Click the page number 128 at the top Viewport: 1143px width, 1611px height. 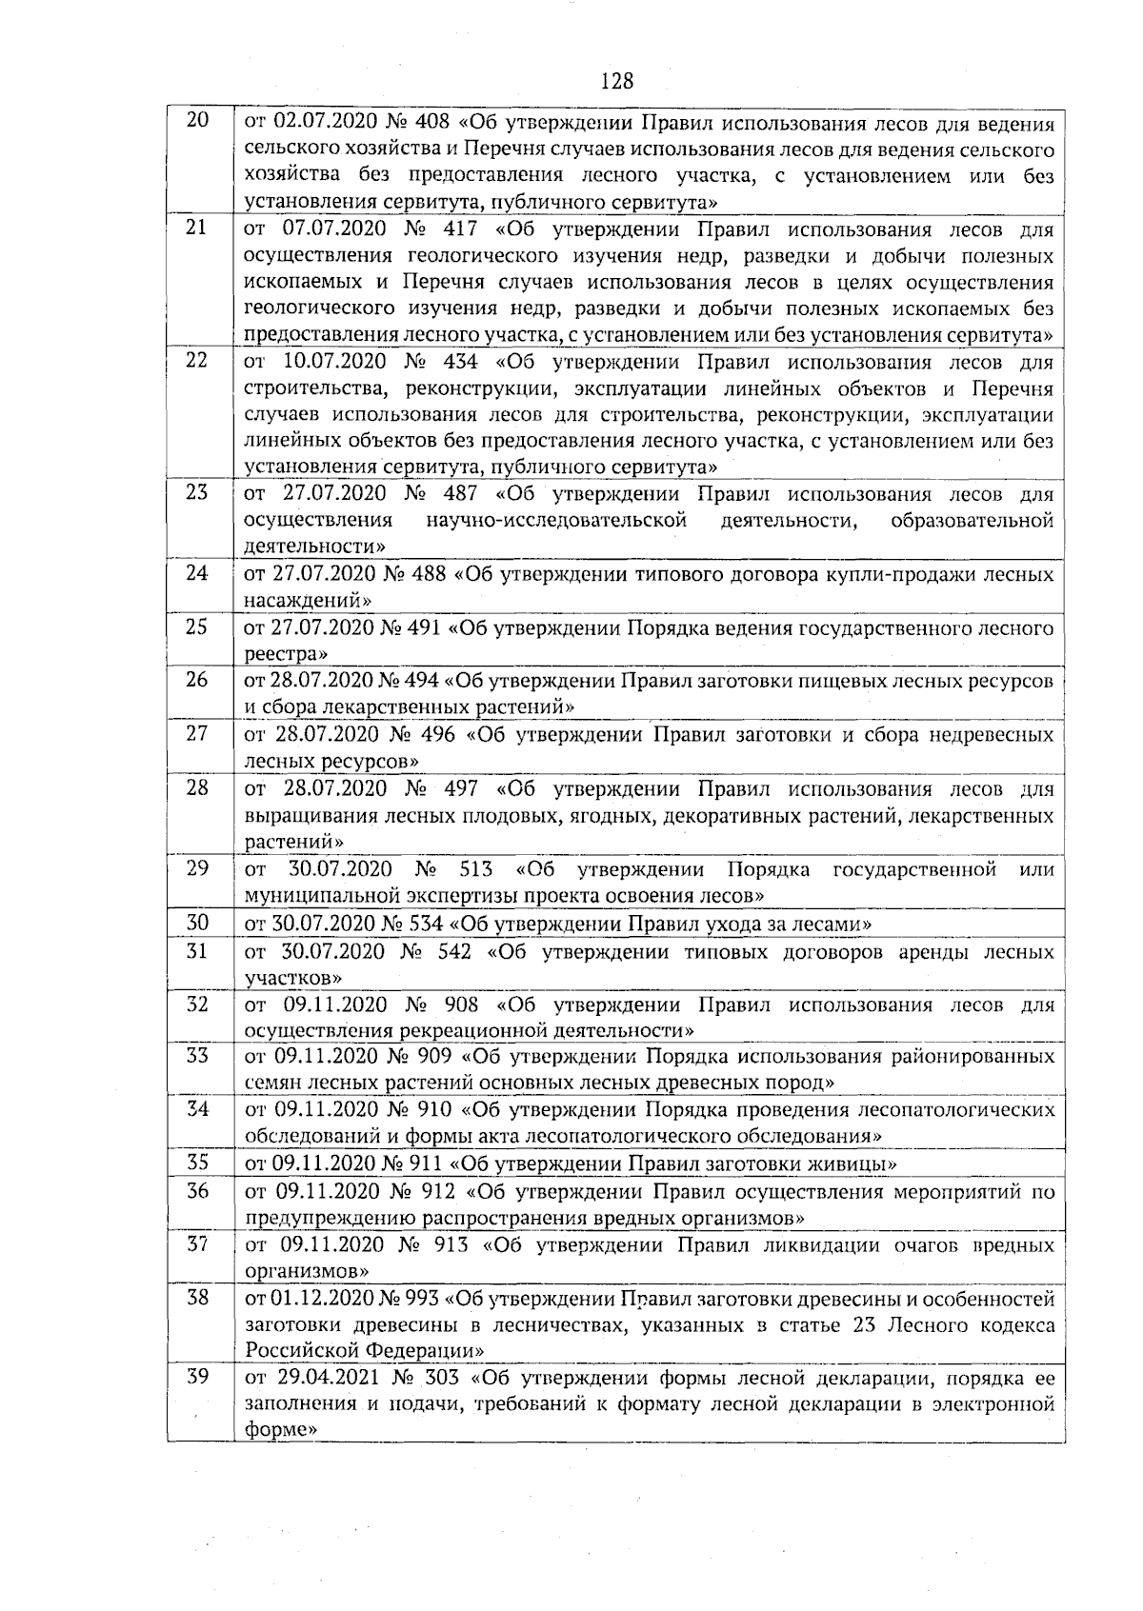point(617,81)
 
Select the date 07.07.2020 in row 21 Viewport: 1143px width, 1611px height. point(330,229)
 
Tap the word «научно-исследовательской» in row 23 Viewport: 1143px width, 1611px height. point(557,520)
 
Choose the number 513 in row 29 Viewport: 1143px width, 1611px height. point(475,869)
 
